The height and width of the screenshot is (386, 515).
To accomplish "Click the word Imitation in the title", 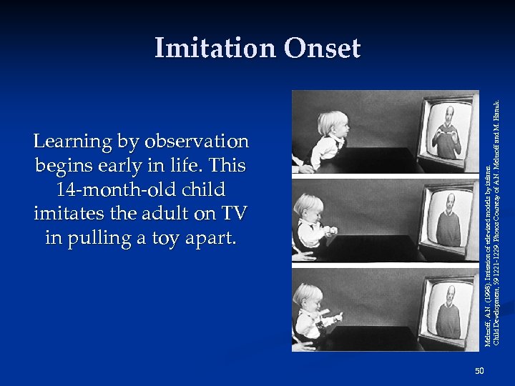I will point(214,48).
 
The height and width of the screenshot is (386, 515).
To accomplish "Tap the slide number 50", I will point(479,370).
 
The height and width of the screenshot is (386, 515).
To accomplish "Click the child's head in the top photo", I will point(332,122).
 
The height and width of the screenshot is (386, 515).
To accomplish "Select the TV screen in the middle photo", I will point(448,220).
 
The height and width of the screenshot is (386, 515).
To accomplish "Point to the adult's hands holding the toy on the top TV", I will point(448,132).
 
